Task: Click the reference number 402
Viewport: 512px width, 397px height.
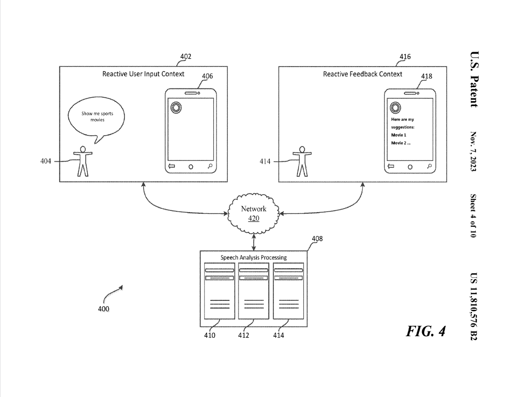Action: tap(186, 57)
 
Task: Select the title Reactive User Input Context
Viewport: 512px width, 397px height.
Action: tap(143, 74)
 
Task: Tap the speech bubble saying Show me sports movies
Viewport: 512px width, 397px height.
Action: tap(97, 117)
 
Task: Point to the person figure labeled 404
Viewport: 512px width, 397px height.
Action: tap(82, 161)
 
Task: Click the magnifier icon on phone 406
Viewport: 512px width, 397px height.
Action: tap(210, 166)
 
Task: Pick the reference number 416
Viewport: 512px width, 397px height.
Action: tap(405, 57)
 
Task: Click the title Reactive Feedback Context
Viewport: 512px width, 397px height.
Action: tap(363, 74)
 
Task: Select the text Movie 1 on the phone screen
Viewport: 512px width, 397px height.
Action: tap(398, 135)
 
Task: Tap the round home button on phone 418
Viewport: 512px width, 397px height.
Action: tap(410, 167)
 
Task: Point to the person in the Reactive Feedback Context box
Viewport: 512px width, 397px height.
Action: tap(302, 161)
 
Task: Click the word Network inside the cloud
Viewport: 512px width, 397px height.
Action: tap(254, 209)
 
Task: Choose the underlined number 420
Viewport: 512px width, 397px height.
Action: tap(254, 218)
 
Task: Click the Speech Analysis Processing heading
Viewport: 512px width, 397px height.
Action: tap(253, 257)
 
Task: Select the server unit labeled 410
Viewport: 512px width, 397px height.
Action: tap(220, 291)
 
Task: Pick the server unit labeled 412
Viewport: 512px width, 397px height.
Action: tap(254, 291)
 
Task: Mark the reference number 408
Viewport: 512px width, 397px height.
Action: tap(317, 238)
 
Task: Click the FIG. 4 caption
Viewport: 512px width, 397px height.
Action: tap(426, 331)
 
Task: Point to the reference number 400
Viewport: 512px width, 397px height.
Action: tap(104, 309)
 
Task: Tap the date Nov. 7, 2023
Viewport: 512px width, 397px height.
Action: tap(474, 151)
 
